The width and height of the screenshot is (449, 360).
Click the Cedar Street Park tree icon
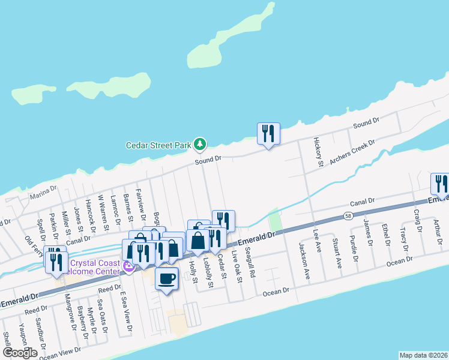pos(200,144)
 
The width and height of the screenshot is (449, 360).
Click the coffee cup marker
pos(167,278)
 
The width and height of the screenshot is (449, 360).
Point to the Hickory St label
pos(319,152)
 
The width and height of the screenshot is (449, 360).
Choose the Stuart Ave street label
pos(338,254)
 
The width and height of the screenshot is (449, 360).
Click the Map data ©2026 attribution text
pos(423,355)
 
